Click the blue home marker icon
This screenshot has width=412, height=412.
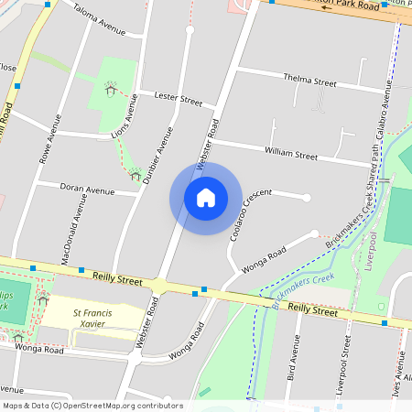(206, 197)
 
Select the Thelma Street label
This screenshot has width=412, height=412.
(309, 81)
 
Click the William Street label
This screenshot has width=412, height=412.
(290, 149)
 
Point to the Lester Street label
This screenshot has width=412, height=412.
(178, 97)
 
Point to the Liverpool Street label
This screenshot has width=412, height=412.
(343, 364)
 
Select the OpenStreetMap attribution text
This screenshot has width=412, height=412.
(92, 405)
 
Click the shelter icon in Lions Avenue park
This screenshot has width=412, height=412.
(112, 90)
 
